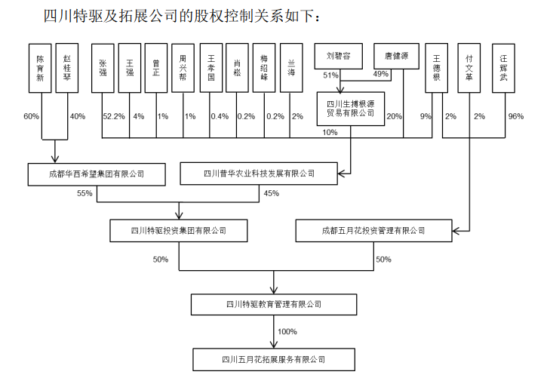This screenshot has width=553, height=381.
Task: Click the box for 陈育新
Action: (x=41, y=68)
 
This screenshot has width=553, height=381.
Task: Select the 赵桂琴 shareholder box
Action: (x=68, y=68)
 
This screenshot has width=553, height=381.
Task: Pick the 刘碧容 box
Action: (x=338, y=55)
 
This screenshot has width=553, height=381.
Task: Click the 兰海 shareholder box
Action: (x=291, y=68)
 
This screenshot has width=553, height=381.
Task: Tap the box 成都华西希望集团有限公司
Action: (x=96, y=174)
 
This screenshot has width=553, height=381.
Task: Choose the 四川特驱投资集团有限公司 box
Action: (x=178, y=231)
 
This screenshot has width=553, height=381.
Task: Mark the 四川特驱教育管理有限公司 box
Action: (x=273, y=304)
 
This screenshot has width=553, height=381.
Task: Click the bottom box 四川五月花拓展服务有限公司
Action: (x=273, y=359)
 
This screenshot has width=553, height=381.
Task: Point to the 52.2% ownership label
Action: (x=112, y=116)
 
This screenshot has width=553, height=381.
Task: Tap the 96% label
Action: (x=515, y=116)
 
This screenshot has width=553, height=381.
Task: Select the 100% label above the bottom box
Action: (x=287, y=332)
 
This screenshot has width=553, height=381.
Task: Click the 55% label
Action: (x=84, y=193)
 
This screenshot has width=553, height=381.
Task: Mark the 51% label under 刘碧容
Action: (x=330, y=75)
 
